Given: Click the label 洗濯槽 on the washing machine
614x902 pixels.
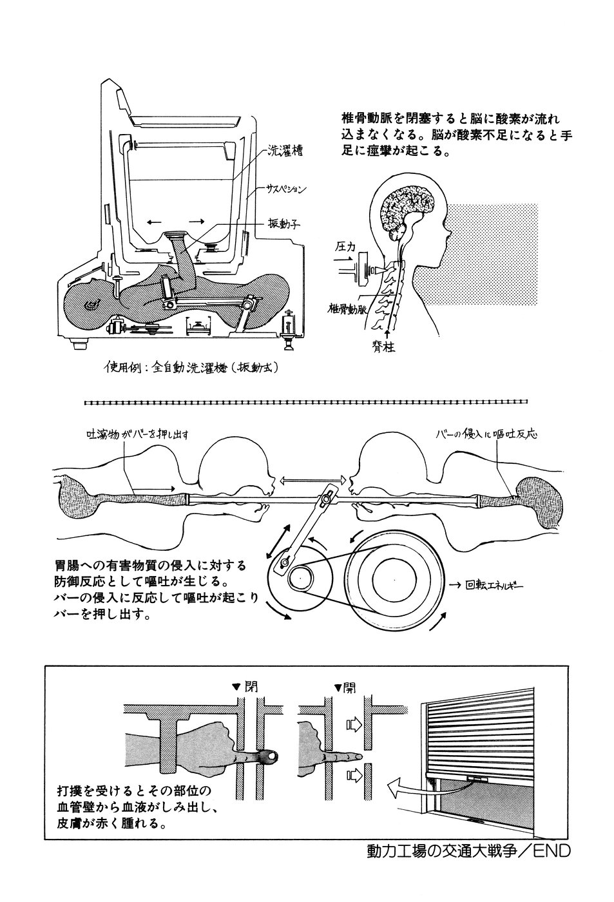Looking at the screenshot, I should pyautogui.click(x=284, y=152).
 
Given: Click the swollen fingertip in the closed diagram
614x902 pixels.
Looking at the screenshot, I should pyautogui.click(x=269, y=754).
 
